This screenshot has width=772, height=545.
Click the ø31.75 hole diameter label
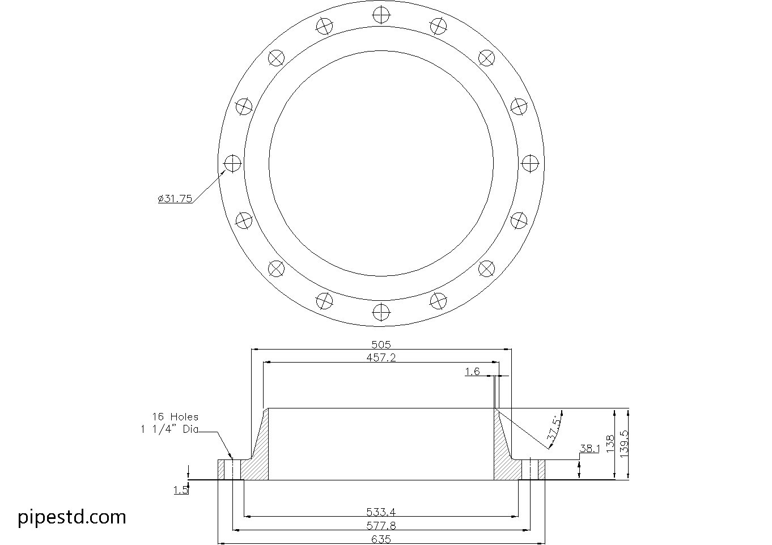click(x=175, y=198)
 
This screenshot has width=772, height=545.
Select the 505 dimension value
click(x=381, y=344)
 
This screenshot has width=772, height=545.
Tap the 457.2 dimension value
click(x=381, y=357)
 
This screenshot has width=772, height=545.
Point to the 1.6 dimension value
click(x=472, y=372)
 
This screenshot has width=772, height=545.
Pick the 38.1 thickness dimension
click(x=589, y=449)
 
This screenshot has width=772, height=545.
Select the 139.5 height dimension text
click(x=623, y=443)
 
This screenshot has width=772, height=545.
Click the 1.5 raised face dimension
click(x=181, y=490)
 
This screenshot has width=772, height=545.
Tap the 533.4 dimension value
click(x=381, y=513)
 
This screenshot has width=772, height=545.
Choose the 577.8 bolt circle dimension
click(x=381, y=526)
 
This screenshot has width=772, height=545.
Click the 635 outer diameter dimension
click(x=381, y=539)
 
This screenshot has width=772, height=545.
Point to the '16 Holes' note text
click(x=175, y=416)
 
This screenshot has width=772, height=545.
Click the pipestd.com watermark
click(x=72, y=517)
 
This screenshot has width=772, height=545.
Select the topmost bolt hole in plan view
click(x=381, y=15)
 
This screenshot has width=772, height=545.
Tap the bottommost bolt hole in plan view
click(x=381, y=311)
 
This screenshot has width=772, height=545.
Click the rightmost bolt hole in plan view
click(x=529, y=163)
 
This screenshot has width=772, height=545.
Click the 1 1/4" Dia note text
click(x=169, y=429)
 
